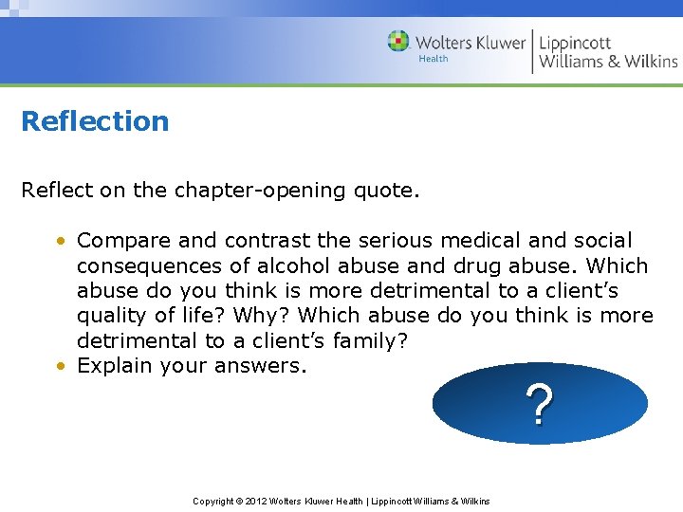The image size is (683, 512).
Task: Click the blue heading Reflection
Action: click(95, 121)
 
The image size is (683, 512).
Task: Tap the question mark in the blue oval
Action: click(539, 406)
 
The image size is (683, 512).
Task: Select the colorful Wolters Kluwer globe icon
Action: click(398, 42)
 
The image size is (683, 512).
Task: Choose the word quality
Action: click(112, 315)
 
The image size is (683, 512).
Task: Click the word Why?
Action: click(253, 315)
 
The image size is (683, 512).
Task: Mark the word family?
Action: click(372, 339)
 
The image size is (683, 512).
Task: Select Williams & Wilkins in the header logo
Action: click(608, 62)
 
